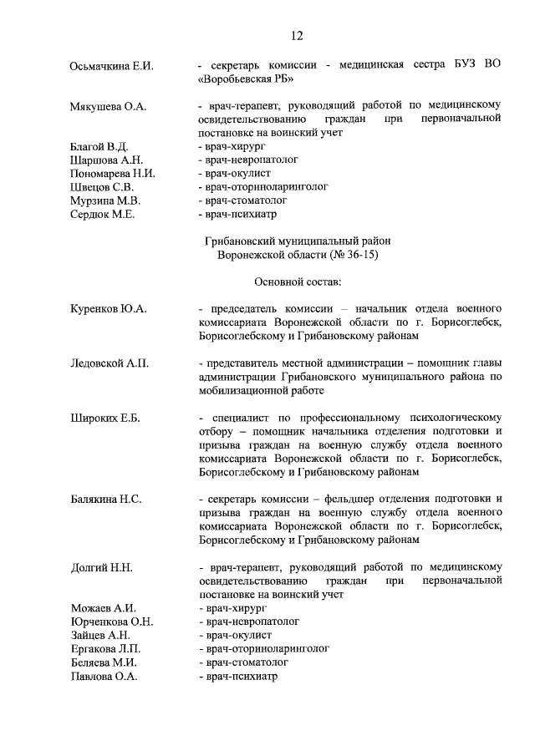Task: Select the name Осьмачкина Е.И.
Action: click(x=112, y=66)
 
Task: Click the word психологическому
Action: click(x=441, y=418)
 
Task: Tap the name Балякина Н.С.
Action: click(x=106, y=500)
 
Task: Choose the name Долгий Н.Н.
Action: click(x=102, y=568)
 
